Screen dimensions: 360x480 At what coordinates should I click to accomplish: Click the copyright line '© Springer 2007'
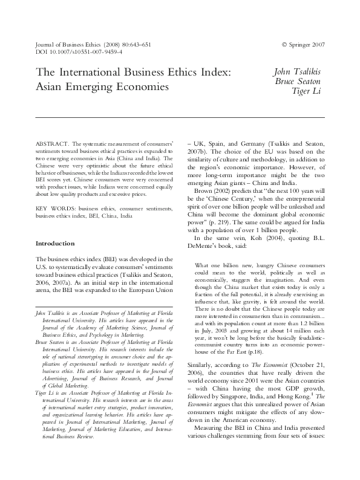tap(303, 45)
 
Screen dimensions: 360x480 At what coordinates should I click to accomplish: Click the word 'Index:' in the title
tap(214, 73)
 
